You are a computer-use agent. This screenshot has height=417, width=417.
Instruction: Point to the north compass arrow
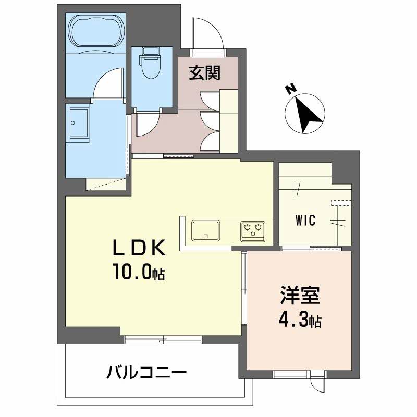coord(305,112)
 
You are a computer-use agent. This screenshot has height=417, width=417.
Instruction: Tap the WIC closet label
coord(305,220)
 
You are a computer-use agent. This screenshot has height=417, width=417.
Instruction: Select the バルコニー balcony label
coord(146,373)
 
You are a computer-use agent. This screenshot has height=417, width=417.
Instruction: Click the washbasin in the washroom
coord(79,124)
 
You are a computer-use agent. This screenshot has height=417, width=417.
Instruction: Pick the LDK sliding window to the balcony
coord(163,339)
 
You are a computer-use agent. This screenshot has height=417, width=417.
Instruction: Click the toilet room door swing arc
coord(148,123)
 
